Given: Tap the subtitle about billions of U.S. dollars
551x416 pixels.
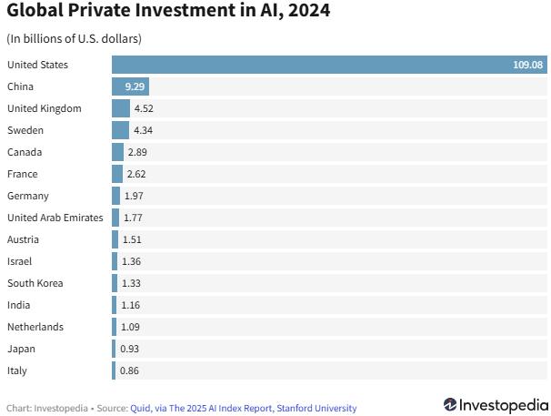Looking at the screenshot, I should pyautogui.click(x=74, y=39).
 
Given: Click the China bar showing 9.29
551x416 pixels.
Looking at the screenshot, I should pyautogui.click(x=130, y=86).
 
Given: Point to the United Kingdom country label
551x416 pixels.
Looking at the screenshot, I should pyautogui.click(x=45, y=108).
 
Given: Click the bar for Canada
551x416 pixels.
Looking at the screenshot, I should pyautogui.click(x=117, y=152).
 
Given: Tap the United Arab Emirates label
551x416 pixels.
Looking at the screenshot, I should pyautogui.click(x=55, y=218).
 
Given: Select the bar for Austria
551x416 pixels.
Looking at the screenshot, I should pyautogui.click(x=115, y=239).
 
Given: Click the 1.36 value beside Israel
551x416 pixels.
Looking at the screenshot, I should pyautogui.click(x=131, y=261).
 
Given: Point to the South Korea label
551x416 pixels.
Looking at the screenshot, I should pyautogui.click(x=35, y=283).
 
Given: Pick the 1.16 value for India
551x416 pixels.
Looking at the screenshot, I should pyautogui.click(x=130, y=305).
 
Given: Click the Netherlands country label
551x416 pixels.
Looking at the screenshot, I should pyautogui.click(x=35, y=327).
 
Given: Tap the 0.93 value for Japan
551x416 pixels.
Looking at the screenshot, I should pyautogui.click(x=129, y=349).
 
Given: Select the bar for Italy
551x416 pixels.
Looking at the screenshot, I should pyautogui.click(x=114, y=370).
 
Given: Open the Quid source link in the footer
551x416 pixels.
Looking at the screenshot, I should pyautogui.click(x=142, y=408).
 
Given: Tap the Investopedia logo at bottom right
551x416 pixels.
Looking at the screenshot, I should pyautogui.click(x=496, y=404).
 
